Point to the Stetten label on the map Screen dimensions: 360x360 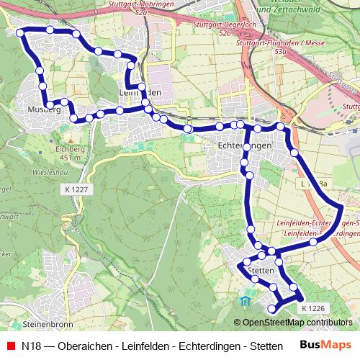[260, 269]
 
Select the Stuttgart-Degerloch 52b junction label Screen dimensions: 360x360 [223, 28]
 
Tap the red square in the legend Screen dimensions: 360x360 [11, 346]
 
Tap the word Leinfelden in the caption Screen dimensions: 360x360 [145, 346]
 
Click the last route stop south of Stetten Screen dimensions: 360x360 [272, 310]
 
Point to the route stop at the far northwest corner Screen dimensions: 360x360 [20, 32]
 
